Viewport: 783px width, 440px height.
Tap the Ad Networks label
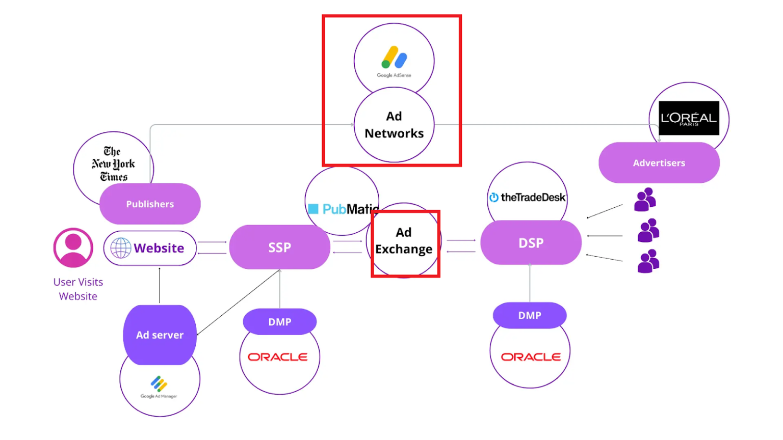pyautogui.click(x=394, y=125)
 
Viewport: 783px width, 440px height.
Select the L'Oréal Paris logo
pyautogui.click(x=689, y=118)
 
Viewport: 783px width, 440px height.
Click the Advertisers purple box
pyautogui.click(x=659, y=163)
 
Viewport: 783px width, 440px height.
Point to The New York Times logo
pyautogui.click(x=113, y=164)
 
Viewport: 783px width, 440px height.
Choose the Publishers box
pyautogui.click(x=150, y=204)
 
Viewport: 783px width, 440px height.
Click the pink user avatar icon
pyautogui.click(x=73, y=248)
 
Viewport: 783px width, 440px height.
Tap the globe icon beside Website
pyautogui.click(x=121, y=248)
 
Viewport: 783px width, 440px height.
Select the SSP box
pyautogui.click(x=279, y=248)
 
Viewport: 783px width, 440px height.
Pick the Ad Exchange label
pyautogui.click(x=404, y=241)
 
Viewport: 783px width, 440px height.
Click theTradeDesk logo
pyautogui.click(x=528, y=198)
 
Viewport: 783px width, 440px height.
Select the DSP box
pyautogui.click(x=531, y=243)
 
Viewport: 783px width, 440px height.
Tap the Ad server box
pyautogui.click(x=160, y=335)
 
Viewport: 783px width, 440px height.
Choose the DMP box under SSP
pyautogui.click(x=279, y=322)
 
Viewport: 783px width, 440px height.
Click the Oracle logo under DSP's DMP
pyautogui.click(x=530, y=357)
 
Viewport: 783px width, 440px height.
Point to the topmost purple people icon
pyautogui.click(x=645, y=200)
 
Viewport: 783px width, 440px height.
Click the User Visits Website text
pyautogui.click(x=78, y=289)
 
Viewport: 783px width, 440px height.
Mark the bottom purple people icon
pyautogui.click(x=648, y=261)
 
